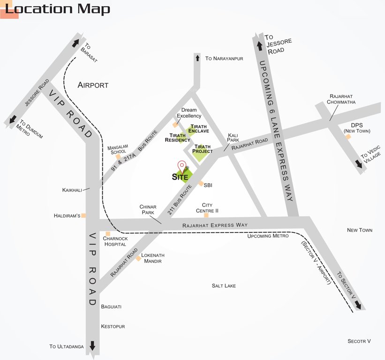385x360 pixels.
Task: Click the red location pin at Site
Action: coord(181,166)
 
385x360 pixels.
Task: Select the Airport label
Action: coord(93,85)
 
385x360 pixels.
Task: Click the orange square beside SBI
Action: coord(201,184)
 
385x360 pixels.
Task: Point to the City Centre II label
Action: coord(207,208)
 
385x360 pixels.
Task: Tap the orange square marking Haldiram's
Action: coord(84,216)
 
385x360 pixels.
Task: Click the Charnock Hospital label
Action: coord(115,241)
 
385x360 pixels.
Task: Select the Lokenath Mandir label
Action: coord(151,258)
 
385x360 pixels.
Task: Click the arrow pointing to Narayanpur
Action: coord(197,58)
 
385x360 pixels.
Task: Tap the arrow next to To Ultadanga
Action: coord(92,346)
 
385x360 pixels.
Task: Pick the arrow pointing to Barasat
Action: coord(75,43)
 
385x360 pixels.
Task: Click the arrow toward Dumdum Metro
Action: coord(13,120)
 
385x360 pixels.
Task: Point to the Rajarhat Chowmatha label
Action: coord(342,99)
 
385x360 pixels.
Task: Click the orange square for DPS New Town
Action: coord(348,136)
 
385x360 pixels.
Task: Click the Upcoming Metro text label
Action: coord(268,236)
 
